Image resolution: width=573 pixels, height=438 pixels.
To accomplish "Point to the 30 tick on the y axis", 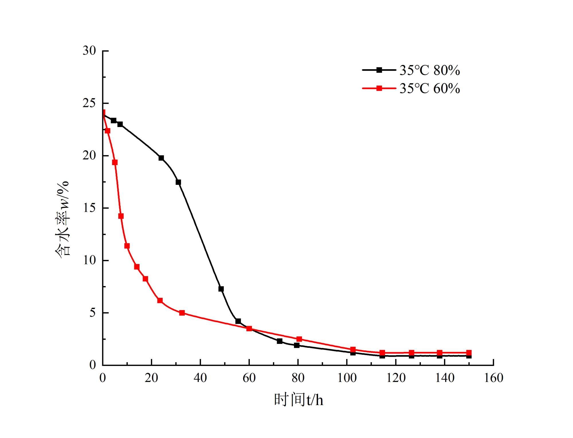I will pos(89,51).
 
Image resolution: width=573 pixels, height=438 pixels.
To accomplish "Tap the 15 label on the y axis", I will pos(89,208).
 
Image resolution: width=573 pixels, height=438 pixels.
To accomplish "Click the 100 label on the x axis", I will pos(347,378).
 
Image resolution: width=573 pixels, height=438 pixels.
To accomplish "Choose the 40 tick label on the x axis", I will pos(200,378).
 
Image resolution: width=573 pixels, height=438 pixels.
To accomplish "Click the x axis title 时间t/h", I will pos(299,400).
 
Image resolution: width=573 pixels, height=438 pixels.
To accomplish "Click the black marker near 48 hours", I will pos(221,289).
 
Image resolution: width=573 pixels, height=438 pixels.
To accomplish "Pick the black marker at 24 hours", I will pos(161,158).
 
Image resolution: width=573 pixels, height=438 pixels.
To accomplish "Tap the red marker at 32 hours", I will pos(182,313).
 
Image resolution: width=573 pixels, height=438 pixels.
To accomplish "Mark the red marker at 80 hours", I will pos(299,339).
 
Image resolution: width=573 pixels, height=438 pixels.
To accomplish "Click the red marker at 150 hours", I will pos(469,353).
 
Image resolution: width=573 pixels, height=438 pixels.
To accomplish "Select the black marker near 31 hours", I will pos(178,182).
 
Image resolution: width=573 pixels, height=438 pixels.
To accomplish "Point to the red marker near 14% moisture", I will pos(121,216).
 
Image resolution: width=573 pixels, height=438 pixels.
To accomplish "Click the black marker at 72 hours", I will pos(280,341).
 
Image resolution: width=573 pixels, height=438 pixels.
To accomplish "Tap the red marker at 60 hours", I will pos(249,328).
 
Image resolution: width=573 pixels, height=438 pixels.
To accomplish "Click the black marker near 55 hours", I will pos(238,321).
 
